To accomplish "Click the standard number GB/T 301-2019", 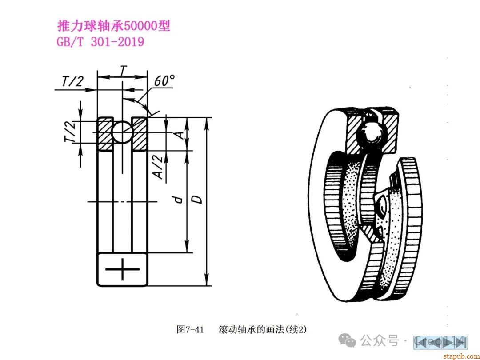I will coord(100,42).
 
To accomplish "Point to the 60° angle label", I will coord(164,81).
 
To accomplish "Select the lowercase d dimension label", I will coord(178,200).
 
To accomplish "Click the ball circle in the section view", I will coord(122,132).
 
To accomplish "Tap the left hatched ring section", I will coord(105,134).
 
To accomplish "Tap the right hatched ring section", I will coord(140,134).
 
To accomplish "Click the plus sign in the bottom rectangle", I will coord(122,269).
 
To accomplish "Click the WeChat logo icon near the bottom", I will coord(347,340).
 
